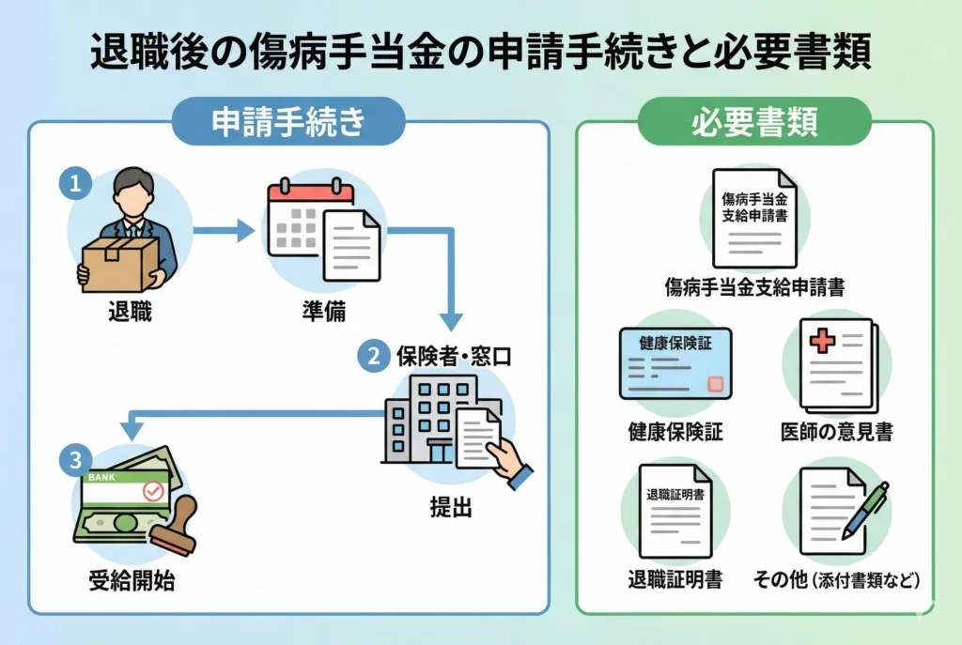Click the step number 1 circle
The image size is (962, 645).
click(x=76, y=182)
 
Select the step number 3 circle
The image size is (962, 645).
click(x=76, y=460)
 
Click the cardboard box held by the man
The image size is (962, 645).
click(x=118, y=264)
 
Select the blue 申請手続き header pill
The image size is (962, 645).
click(x=287, y=123)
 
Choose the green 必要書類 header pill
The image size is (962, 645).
click(x=754, y=123)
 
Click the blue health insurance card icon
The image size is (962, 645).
click(x=675, y=363)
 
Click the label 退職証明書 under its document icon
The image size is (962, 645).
click(x=675, y=580)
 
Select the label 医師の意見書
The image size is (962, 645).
click(x=836, y=432)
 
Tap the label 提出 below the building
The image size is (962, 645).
click(x=448, y=508)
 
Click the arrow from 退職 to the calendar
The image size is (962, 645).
click(x=224, y=229)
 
